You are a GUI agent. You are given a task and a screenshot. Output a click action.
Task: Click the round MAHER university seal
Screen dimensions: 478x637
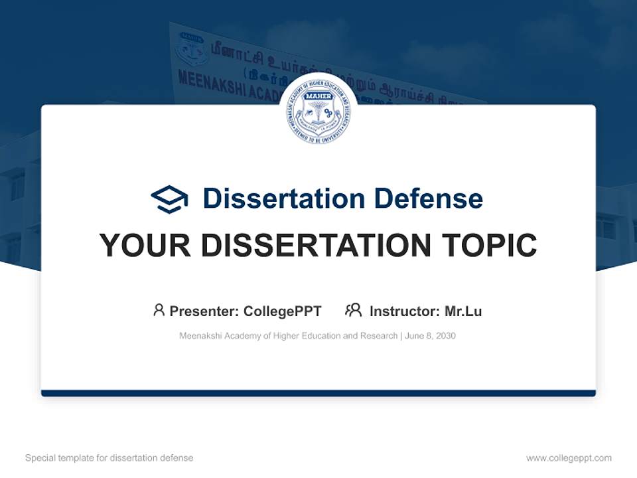click(x=318, y=112)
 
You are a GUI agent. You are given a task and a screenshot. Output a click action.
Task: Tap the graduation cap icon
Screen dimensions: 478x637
click(x=169, y=199)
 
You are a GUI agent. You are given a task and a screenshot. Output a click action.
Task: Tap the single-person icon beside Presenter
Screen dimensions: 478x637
click(x=159, y=310)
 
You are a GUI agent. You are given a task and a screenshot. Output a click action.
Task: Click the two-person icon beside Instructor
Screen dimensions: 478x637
click(x=353, y=310)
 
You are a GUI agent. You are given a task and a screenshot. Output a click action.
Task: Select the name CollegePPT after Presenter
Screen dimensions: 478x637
click(x=282, y=311)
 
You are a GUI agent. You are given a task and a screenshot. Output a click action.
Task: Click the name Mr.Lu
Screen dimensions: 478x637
click(x=463, y=311)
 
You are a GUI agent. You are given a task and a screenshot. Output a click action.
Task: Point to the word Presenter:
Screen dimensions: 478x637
click(x=204, y=311)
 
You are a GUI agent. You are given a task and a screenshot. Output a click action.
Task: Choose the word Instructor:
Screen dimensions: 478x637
click(x=404, y=311)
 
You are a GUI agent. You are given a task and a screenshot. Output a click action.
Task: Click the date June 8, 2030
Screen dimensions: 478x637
click(x=430, y=336)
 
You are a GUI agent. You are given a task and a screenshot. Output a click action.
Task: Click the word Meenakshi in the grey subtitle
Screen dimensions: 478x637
click(x=200, y=336)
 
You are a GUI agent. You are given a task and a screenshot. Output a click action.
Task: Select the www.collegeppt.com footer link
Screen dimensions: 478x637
click(x=569, y=458)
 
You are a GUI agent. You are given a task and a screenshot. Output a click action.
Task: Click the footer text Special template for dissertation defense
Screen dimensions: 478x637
click(x=109, y=458)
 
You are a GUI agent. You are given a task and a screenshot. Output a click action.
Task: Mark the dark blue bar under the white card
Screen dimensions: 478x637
click(x=318, y=393)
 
